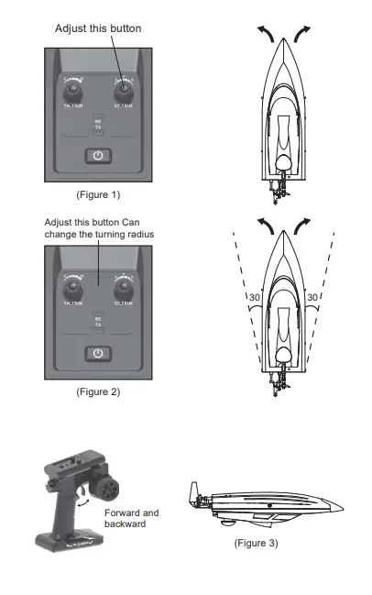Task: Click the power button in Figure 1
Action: tap(98, 156)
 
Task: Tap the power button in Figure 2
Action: tap(98, 353)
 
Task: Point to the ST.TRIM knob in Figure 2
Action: tap(122, 286)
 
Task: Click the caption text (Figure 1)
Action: tap(98, 195)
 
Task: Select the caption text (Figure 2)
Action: tap(98, 391)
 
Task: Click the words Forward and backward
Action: tap(131, 518)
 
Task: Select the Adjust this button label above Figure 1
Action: tap(98, 28)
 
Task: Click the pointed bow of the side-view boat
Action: tap(343, 505)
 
